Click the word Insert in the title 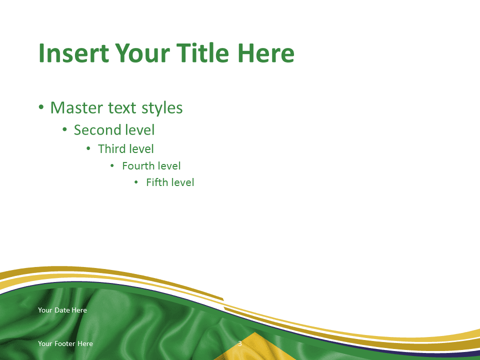tap(74, 53)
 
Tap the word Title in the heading tap(202, 52)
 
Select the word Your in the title tap(142, 53)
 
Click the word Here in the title tap(265, 53)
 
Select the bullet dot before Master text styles tap(41, 107)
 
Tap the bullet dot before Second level tap(64, 129)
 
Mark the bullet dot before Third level tap(88, 149)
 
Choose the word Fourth tap(138, 166)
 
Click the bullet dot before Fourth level tap(112, 166)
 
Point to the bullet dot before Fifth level tap(136, 182)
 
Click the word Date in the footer tap(62, 310)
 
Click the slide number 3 tap(240, 343)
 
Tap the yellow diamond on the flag tap(254, 347)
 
